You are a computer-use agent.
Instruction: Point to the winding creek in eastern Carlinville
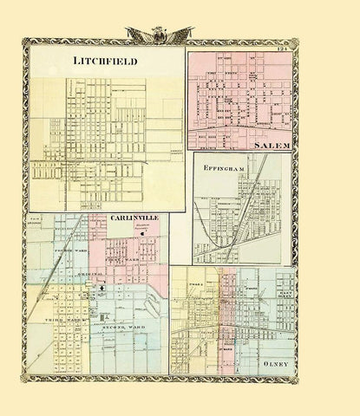(x=154, y=308)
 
